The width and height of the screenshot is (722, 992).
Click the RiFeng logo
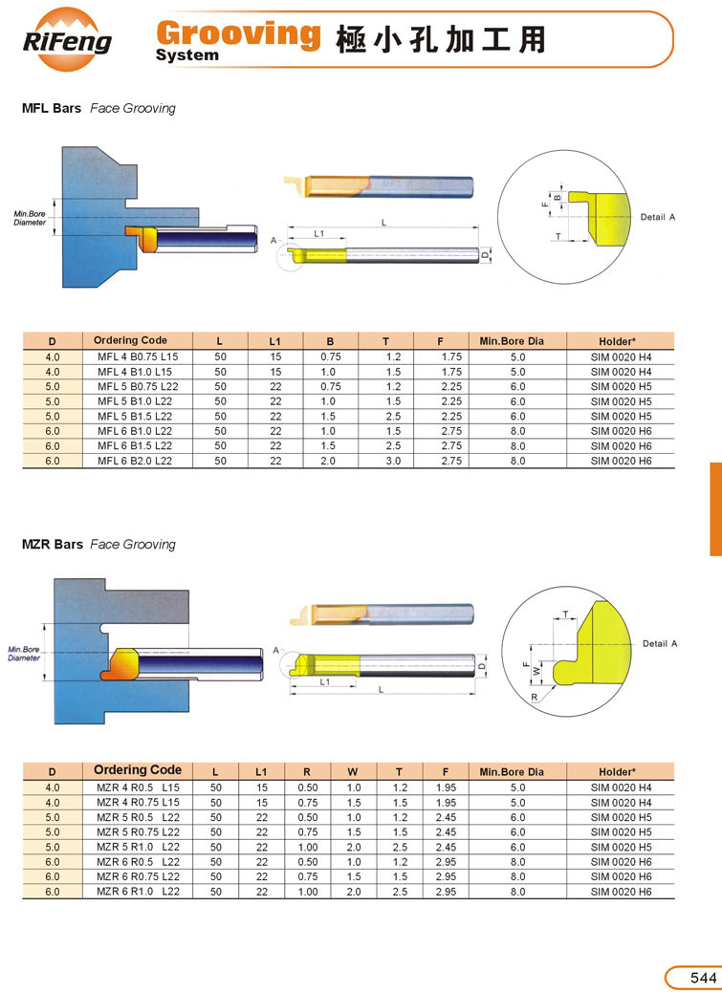coord(68,40)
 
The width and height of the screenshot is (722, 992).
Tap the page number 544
coord(703,978)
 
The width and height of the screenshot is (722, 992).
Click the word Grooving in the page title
coord(238,33)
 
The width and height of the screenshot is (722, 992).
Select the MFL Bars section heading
coord(52,108)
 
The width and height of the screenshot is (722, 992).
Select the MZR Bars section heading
coord(52,544)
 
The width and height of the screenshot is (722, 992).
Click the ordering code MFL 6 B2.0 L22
coord(135,462)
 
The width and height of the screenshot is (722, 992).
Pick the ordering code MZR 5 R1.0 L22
coord(138,847)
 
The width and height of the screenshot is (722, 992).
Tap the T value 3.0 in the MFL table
coord(394,462)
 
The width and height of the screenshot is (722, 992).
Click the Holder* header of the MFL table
coord(618,341)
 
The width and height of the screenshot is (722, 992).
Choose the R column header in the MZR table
coord(307,772)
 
